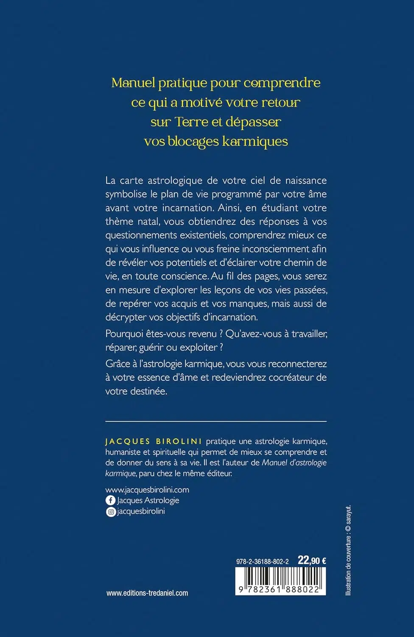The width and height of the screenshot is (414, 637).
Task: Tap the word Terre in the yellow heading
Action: pyautogui.click(x=191, y=122)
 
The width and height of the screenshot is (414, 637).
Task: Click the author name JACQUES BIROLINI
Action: pyautogui.click(x=154, y=442)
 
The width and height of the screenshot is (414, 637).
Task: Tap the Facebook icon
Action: pyautogui.click(x=110, y=501)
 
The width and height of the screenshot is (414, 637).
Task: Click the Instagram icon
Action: pyautogui.click(x=110, y=512)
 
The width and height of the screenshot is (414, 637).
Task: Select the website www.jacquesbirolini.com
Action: pyautogui.click(x=147, y=490)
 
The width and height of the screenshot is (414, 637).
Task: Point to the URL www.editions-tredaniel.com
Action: pyautogui.click(x=147, y=593)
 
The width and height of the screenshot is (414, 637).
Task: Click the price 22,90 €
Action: pyautogui.click(x=312, y=561)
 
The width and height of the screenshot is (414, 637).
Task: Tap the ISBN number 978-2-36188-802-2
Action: pyautogui.click(x=262, y=561)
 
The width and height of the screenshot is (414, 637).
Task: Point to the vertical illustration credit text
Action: pyautogui.click(x=348, y=550)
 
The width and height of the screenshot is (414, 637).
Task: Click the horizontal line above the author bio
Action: pyautogui.click(x=216, y=421)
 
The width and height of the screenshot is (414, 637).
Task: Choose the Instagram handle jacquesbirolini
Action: pyautogui.click(x=141, y=512)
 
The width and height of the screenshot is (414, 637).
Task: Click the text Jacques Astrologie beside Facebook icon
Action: pyautogui.click(x=148, y=501)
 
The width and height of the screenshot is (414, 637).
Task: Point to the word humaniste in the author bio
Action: pyautogui.click(x=122, y=452)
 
